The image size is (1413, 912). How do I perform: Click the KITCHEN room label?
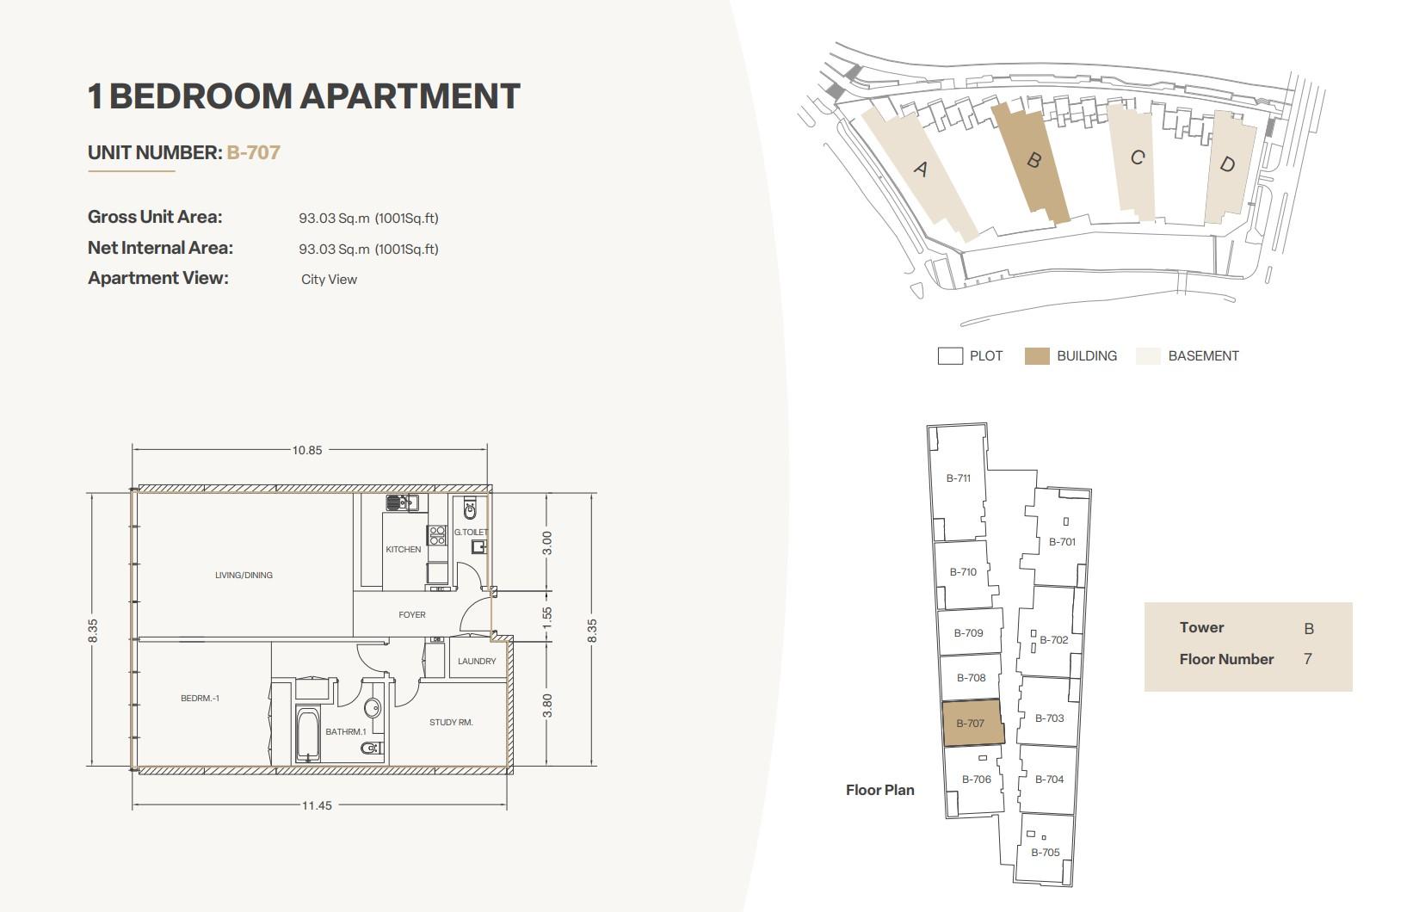click(403, 549)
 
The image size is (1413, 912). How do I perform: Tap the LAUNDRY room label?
click(477, 661)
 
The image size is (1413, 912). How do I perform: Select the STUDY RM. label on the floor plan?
click(451, 722)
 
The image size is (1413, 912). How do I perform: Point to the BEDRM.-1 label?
click(200, 698)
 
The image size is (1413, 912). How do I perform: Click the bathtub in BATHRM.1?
click(308, 735)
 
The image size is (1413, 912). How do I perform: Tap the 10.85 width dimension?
click(307, 450)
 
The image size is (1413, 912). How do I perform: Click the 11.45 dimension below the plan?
click(317, 805)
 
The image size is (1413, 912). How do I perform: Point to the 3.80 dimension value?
click(547, 706)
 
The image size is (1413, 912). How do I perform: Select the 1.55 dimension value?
click(547, 617)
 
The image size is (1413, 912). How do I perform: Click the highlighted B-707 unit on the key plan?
click(972, 723)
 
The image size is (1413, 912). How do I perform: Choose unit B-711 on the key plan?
click(958, 478)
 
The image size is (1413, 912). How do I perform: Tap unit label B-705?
click(1046, 852)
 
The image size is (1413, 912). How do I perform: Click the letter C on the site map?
click(1138, 157)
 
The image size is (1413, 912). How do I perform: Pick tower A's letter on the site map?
click(921, 169)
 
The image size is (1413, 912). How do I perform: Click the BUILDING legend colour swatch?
click(1037, 356)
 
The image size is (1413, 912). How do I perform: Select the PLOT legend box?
click(950, 356)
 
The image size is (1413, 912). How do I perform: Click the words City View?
click(330, 280)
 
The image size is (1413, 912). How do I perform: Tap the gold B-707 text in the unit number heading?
click(254, 152)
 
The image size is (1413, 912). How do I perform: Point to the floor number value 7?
click(1308, 659)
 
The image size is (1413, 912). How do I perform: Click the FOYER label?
click(412, 614)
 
